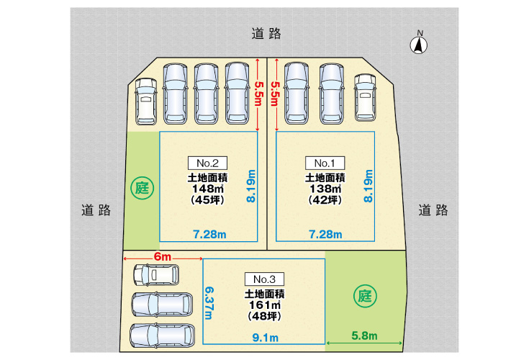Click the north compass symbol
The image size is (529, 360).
[x=419, y=44]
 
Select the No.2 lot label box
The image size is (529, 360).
[x=207, y=162]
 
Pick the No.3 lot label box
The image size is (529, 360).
[x=265, y=279]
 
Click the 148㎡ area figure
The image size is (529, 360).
[x=207, y=189]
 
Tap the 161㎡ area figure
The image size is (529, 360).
[x=265, y=305]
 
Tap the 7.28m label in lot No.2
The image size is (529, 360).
[x=209, y=234]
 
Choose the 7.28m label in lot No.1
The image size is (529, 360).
[x=325, y=234]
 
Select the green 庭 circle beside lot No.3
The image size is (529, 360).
[x=365, y=294]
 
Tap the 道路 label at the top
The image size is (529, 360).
[x=266, y=33]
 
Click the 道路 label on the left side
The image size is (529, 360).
[x=96, y=210]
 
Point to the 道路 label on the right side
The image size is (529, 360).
[x=433, y=210]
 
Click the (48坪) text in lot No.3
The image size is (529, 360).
[x=265, y=316]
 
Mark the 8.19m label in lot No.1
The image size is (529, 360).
[x=369, y=186]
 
